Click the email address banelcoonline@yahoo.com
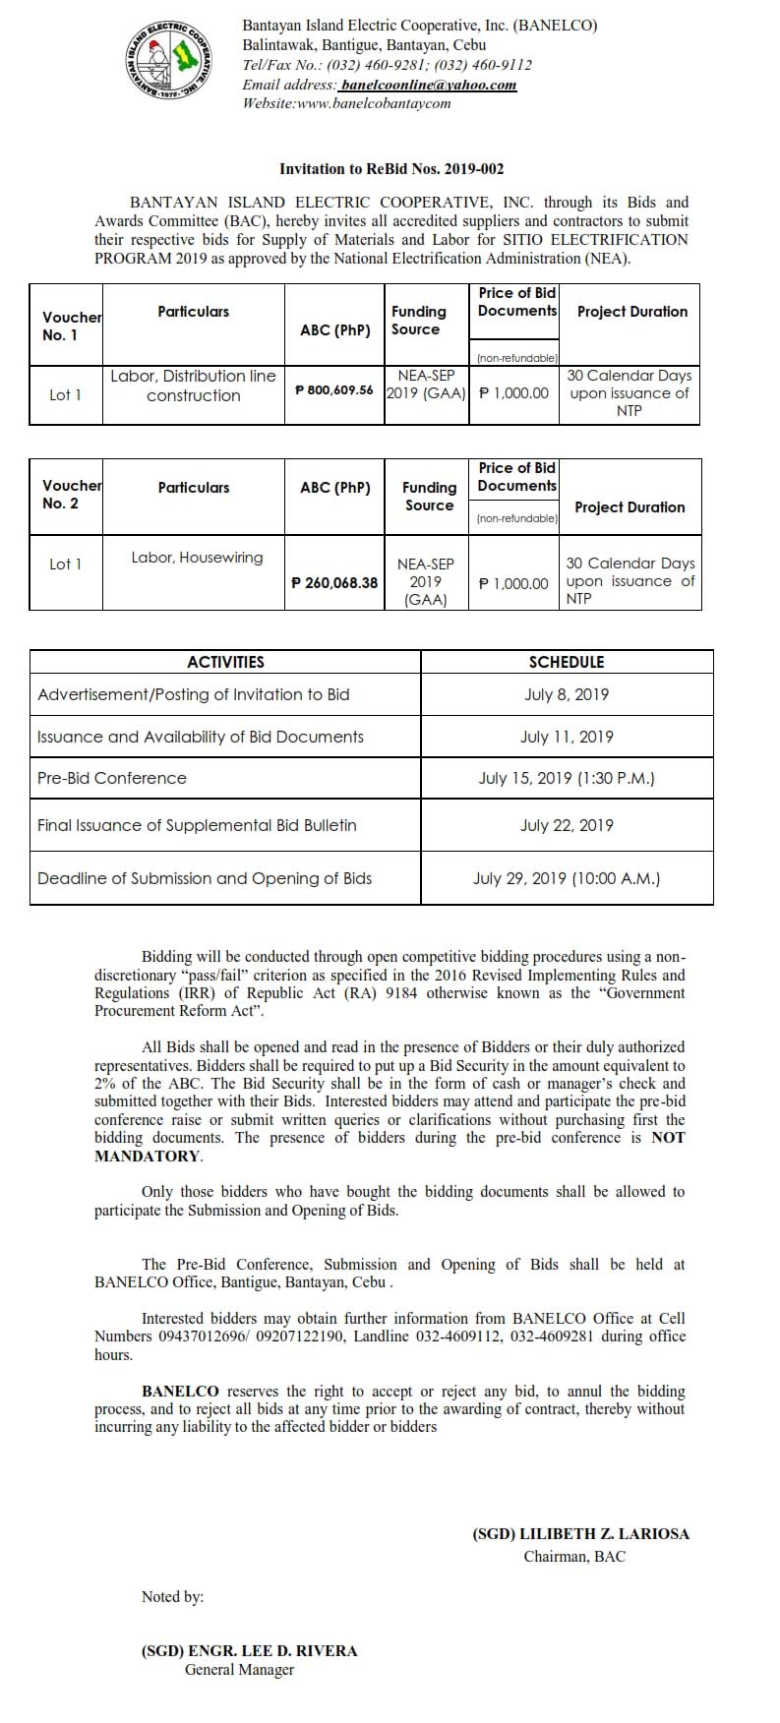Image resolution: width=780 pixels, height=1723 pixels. click(x=428, y=85)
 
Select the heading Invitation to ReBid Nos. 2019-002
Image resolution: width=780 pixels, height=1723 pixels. click(x=391, y=169)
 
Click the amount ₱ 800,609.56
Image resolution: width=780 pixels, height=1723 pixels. click(x=334, y=390)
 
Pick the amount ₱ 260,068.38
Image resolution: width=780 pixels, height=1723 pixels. click(x=334, y=582)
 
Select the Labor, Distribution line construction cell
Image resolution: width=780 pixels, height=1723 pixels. click(x=193, y=386)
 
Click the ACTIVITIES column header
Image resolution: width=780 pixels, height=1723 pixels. click(x=225, y=662)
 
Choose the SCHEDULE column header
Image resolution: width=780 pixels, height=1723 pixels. click(x=567, y=662)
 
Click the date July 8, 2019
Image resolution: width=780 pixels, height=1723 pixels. click(x=567, y=694)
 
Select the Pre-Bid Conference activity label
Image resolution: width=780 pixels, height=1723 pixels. click(x=111, y=778)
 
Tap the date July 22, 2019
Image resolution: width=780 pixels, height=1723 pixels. click(x=567, y=825)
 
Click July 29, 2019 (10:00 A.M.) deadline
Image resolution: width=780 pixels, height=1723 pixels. click(x=567, y=878)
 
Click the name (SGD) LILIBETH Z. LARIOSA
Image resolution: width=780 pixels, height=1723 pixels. click(x=580, y=1534)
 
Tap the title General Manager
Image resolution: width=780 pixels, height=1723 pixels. click(x=239, y=1669)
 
